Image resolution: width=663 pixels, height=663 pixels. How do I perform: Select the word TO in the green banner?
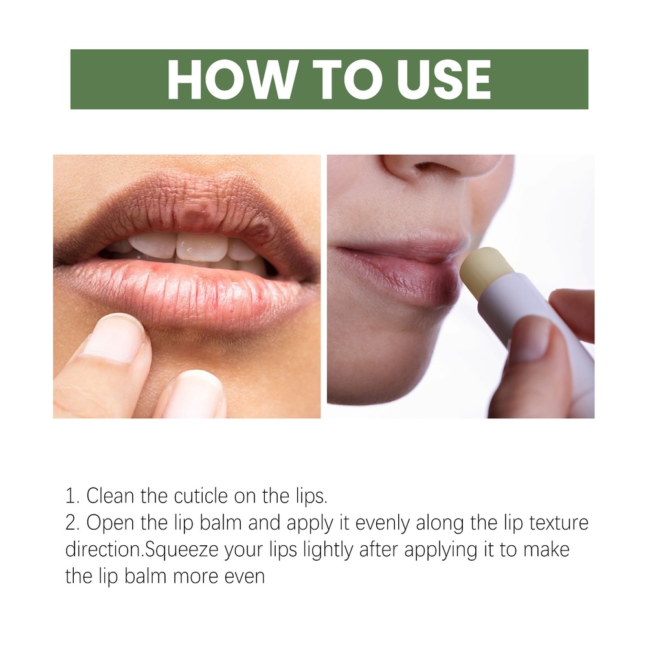[x=345, y=80]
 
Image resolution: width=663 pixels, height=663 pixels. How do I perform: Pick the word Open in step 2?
[x=110, y=523]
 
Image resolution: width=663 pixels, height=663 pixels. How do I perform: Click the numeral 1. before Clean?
[x=73, y=497]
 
